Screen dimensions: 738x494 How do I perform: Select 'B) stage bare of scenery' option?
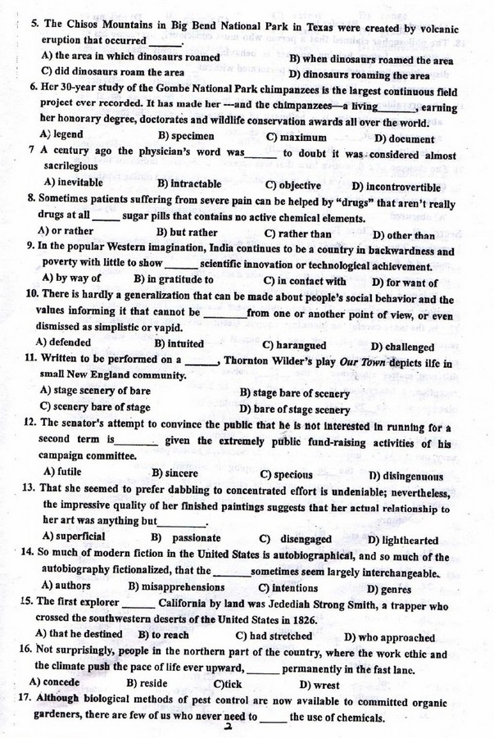[x=294, y=392]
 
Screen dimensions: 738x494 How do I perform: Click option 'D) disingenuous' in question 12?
[x=406, y=475]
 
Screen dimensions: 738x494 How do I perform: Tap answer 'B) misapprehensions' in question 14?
[x=175, y=587]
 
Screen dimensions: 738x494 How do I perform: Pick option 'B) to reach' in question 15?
[x=165, y=636]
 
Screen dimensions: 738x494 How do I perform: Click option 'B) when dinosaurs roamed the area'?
[x=371, y=59]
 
